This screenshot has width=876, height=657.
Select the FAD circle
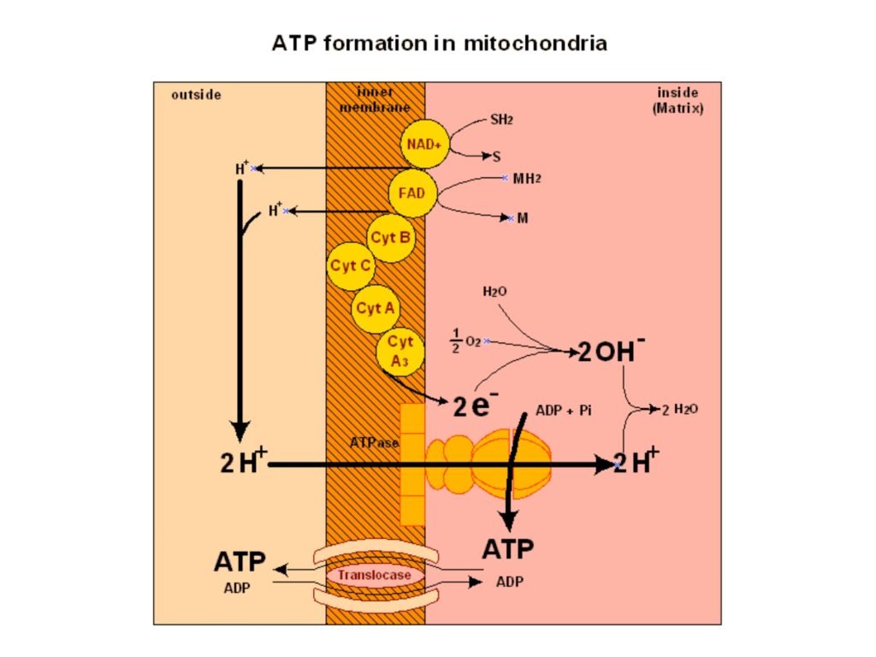point(411,193)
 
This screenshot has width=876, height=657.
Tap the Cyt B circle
point(391,237)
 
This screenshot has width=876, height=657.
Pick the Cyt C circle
point(351,265)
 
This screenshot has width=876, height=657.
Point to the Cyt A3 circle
point(400,349)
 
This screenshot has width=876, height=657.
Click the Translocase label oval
point(374,575)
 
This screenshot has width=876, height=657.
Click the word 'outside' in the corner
point(196,95)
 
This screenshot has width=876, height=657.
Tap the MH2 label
point(527,179)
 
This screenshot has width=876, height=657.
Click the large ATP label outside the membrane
point(239,562)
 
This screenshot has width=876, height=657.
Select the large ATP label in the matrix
point(508,548)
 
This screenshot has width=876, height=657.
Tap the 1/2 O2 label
point(465,341)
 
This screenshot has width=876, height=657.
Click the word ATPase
point(374,442)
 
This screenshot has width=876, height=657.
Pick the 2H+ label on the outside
point(243,464)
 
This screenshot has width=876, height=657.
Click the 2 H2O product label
point(680,409)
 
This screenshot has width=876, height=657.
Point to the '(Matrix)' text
point(678,109)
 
